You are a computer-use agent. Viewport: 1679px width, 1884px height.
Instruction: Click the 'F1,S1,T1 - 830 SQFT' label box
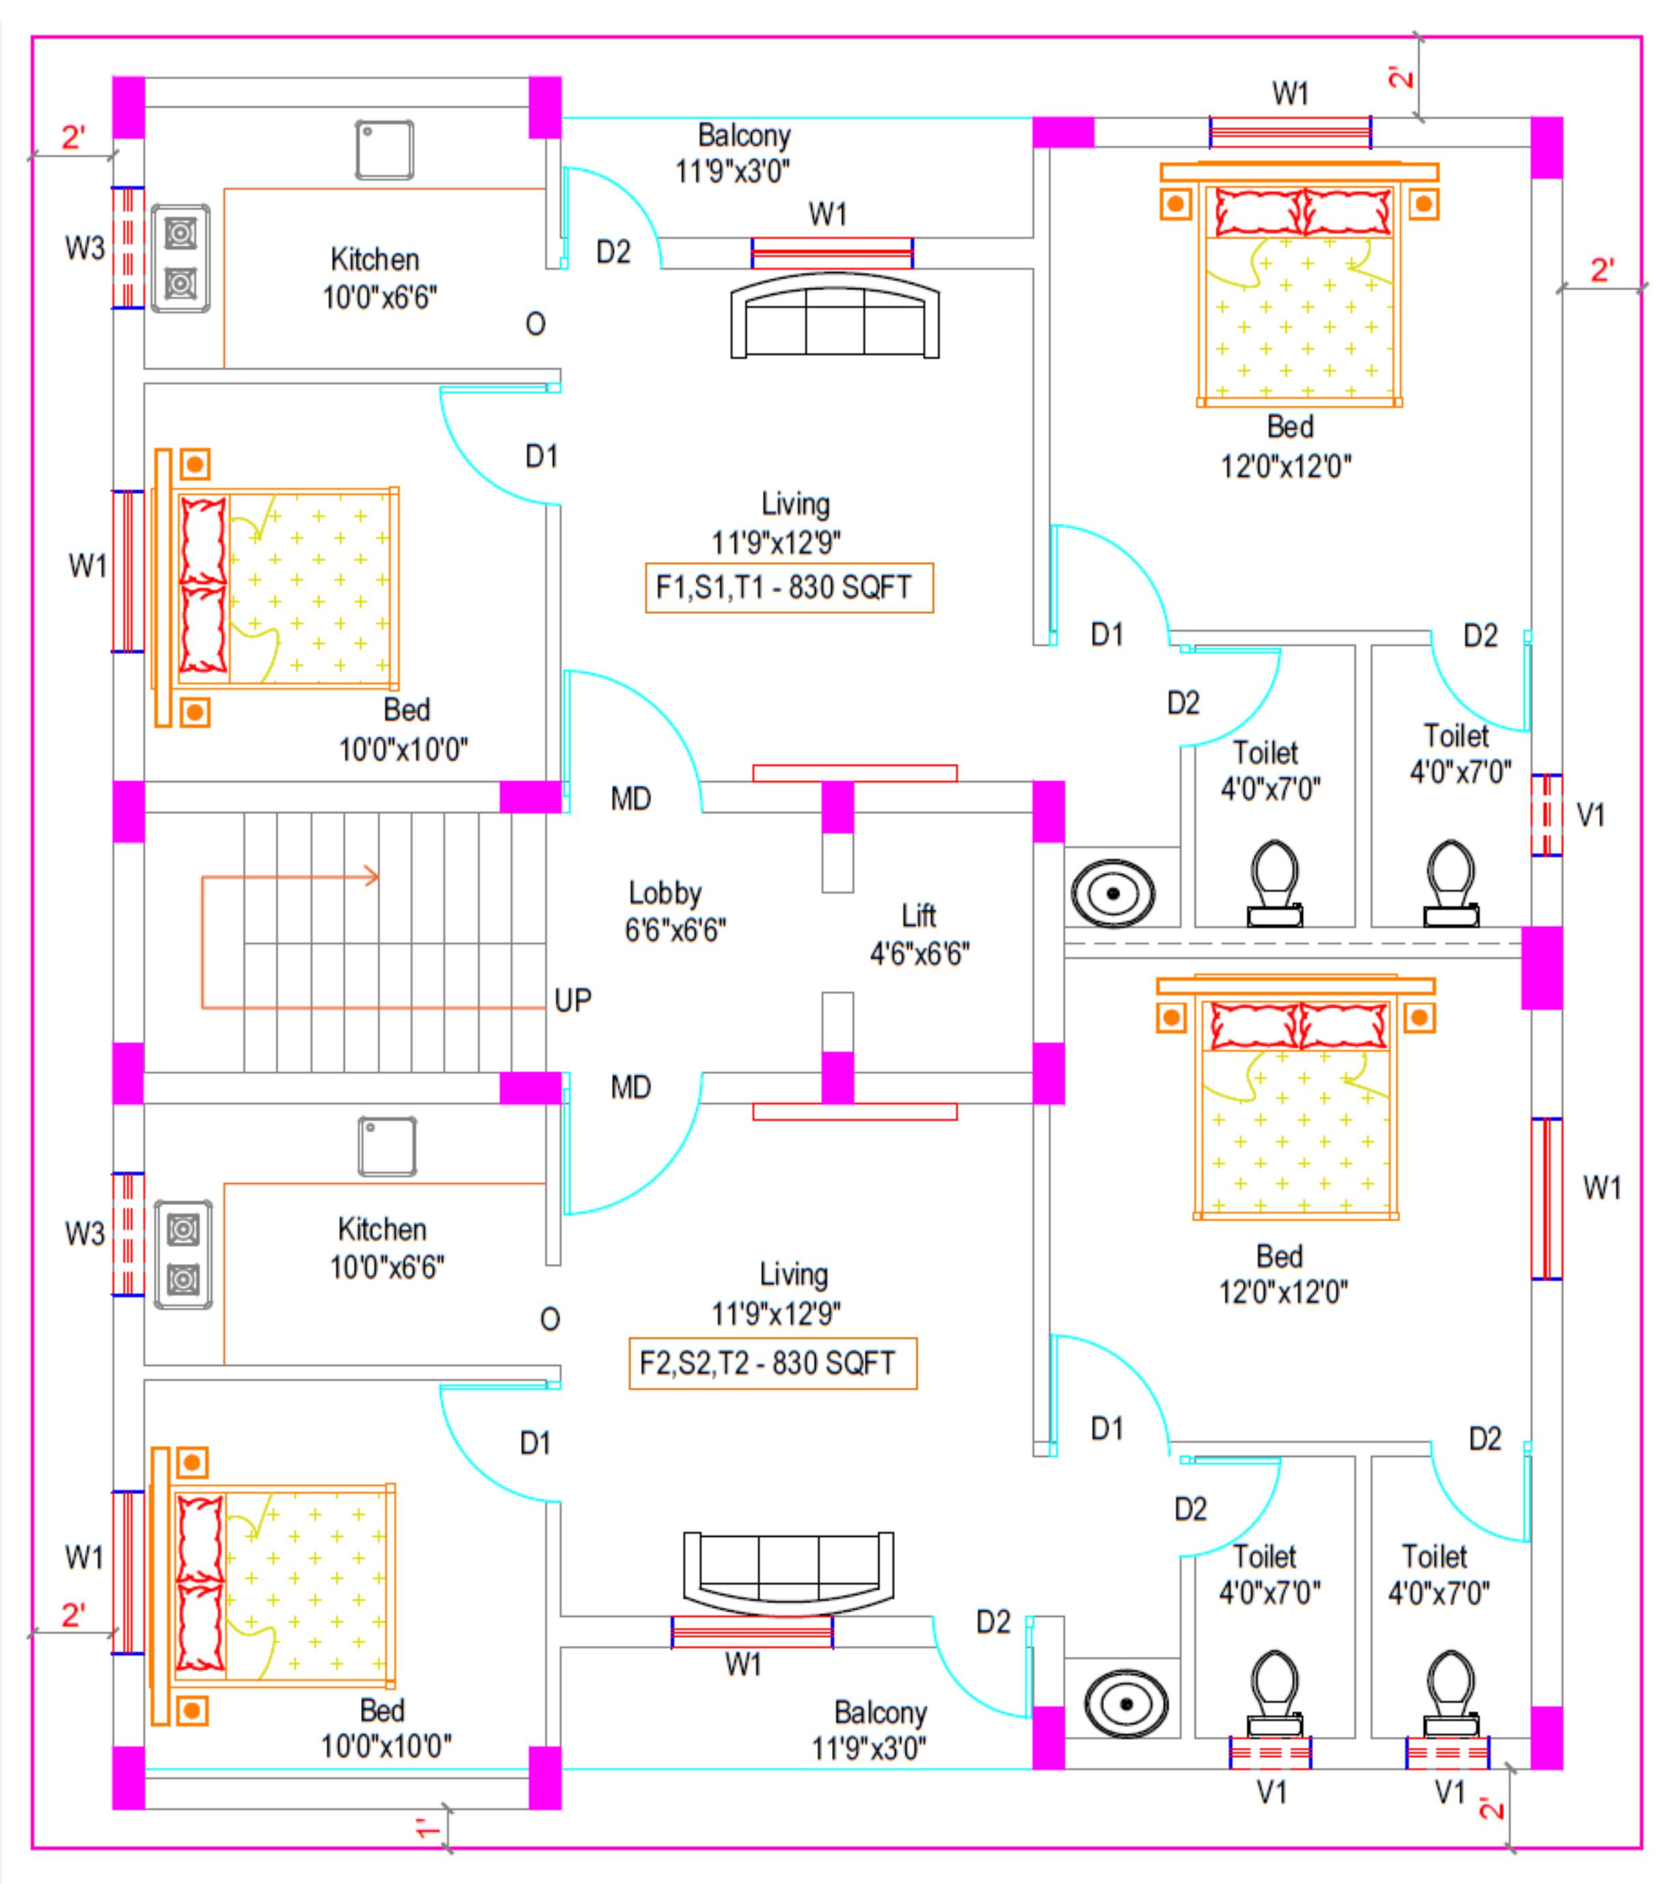click(x=789, y=588)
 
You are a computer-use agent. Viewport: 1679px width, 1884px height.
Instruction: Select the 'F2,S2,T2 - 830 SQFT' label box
click(x=772, y=1362)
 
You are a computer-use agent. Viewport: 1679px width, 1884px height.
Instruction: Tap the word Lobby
click(x=664, y=893)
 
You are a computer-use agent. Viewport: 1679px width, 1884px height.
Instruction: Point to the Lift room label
click(x=919, y=916)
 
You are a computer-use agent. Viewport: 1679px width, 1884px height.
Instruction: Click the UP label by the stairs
click(x=573, y=1000)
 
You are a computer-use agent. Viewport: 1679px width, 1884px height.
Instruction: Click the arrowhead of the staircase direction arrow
click(x=372, y=876)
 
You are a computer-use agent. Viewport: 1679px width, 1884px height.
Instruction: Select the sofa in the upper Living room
click(x=835, y=316)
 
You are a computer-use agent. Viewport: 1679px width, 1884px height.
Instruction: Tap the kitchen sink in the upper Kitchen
click(x=385, y=150)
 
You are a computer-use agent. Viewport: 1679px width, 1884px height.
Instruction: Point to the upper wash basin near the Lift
click(x=1112, y=893)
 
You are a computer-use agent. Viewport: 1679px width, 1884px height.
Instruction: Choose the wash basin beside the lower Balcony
click(x=1125, y=1703)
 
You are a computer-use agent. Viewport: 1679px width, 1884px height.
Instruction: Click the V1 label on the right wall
click(x=1590, y=815)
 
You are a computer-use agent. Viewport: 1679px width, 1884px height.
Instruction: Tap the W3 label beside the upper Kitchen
click(x=84, y=248)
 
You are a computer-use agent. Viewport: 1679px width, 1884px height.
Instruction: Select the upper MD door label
click(x=631, y=799)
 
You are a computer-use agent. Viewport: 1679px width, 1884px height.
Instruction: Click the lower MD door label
click(x=631, y=1088)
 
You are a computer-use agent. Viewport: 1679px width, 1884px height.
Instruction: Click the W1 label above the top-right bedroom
click(x=1290, y=93)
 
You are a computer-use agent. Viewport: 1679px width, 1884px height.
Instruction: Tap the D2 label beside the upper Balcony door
click(x=613, y=252)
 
